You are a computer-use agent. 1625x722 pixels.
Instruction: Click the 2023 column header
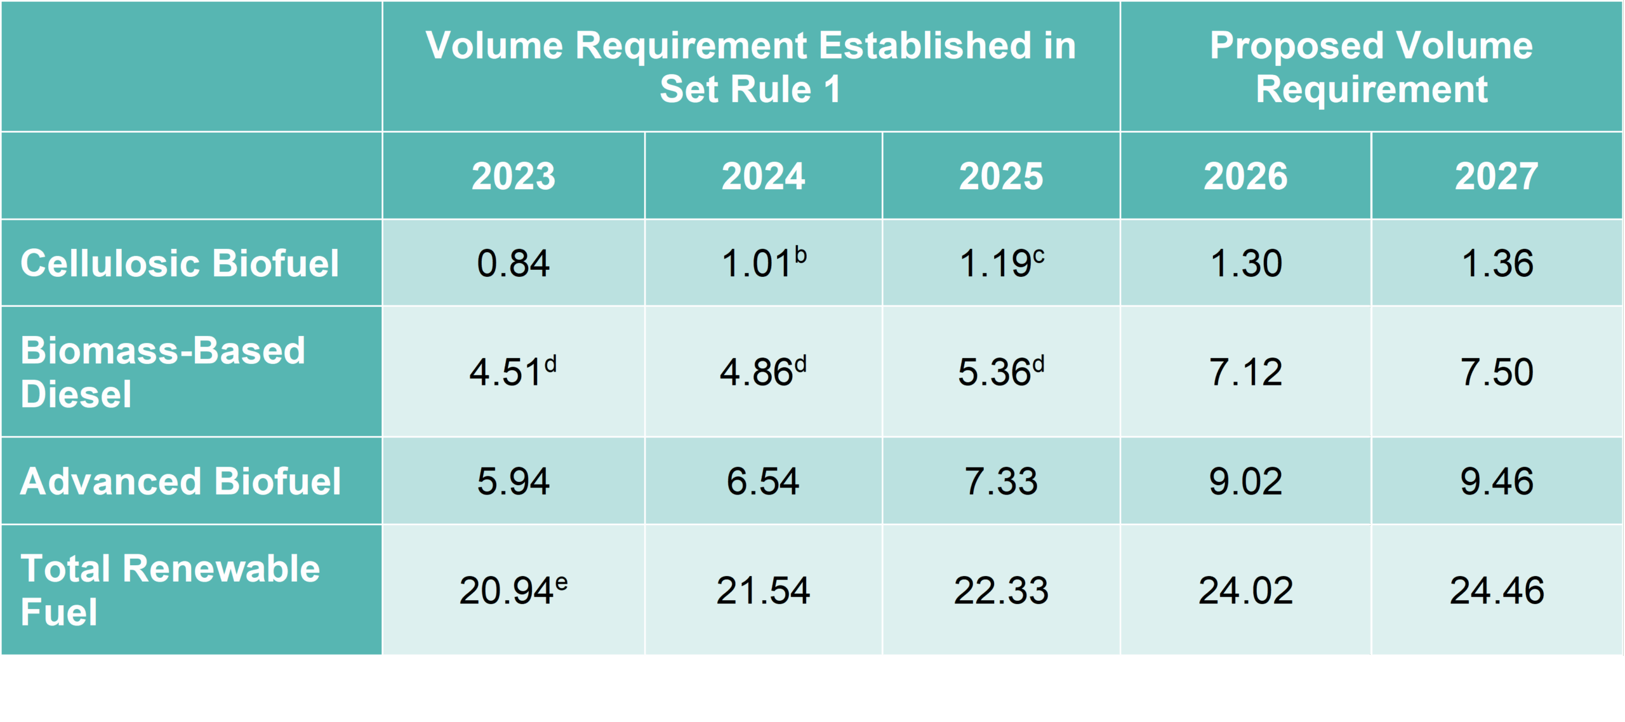[513, 176]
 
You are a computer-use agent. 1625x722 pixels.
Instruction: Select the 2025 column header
[1000, 176]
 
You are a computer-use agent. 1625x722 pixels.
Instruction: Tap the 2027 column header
[1496, 176]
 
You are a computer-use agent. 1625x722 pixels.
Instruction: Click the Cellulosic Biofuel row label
[180, 263]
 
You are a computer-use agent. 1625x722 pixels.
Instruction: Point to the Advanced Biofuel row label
[180, 481]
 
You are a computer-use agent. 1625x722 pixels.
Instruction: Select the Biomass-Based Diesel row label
[162, 371]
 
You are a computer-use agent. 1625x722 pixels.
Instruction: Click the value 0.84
[513, 263]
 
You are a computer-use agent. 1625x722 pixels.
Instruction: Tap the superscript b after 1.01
[800, 255]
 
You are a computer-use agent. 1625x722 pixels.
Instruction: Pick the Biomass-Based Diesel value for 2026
[1245, 372]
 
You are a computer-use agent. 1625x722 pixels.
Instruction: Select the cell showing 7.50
[1496, 372]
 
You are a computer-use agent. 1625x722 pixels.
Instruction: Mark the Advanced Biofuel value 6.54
[762, 481]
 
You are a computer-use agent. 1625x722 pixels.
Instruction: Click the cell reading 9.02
[1245, 481]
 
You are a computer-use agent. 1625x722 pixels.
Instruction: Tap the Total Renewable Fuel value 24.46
[1496, 591]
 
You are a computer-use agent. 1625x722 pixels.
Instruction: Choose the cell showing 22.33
[1000, 591]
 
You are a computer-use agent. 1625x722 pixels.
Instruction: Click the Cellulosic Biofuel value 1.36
[1496, 263]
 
